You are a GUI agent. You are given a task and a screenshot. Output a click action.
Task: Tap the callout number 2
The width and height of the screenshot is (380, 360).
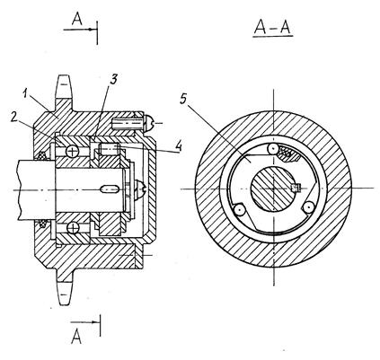point(13,116)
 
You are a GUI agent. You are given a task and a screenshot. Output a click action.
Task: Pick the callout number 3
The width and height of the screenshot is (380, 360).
point(113,79)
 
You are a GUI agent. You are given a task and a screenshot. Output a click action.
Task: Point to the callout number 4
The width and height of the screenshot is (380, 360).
point(179,146)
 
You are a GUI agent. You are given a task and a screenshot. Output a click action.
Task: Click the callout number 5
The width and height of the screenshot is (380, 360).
point(183,99)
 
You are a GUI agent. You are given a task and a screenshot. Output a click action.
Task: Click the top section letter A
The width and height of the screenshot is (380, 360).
point(77,19)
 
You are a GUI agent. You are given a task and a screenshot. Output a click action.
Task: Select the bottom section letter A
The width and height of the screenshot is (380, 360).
point(76,337)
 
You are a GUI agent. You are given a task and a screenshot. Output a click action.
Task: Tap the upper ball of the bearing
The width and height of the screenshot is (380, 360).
point(73,152)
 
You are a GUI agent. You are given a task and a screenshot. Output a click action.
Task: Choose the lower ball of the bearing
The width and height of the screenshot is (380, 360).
point(73,229)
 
